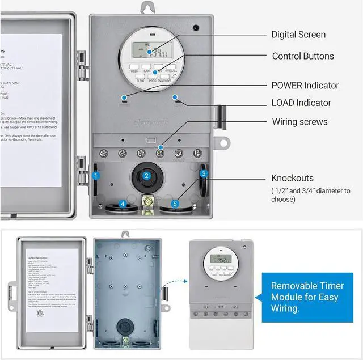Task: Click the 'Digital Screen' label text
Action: [x=298, y=35]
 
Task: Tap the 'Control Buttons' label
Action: [x=303, y=56]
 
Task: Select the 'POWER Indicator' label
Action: [x=305, y=86]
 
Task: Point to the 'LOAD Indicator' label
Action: [x=301, y=103]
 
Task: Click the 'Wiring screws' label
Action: [x=299, y=122]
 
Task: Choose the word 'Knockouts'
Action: [x=292, y=178]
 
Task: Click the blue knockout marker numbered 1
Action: [x=96, y=176]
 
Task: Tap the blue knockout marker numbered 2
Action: [x=146, y=176]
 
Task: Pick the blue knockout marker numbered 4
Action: [x=123, y=204]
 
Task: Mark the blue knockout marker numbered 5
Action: [x=175, y=204]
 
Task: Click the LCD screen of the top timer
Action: [x=154, y=53]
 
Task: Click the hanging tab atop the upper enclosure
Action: [x=149, y=7]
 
